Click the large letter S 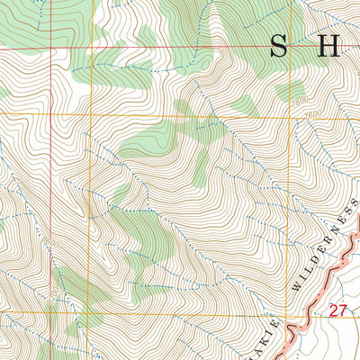click(281, 46)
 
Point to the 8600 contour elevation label click(50, 244)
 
